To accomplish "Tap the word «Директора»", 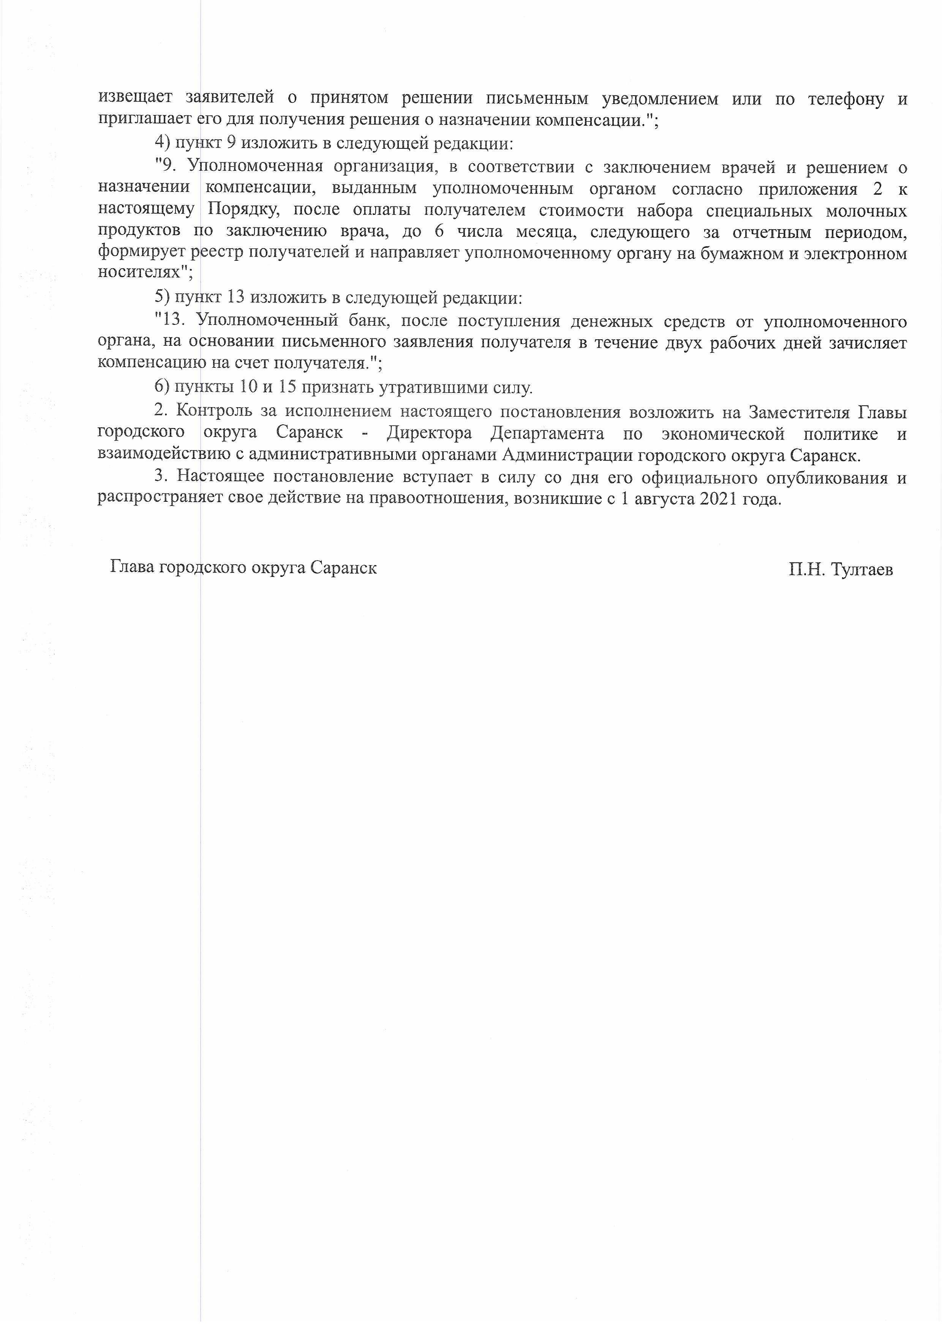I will [x=429, y=433].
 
